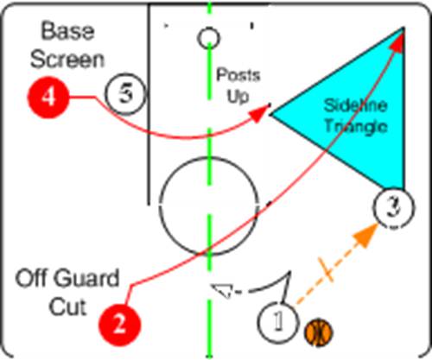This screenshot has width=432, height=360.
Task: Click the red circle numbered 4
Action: tap(48, 97)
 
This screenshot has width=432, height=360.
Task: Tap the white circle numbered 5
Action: tap(125, 94)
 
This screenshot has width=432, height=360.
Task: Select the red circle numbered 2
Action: tap(119, 325)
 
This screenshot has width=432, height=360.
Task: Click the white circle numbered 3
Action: tap(394, 207)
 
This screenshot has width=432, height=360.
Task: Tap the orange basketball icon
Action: tap(318, 332)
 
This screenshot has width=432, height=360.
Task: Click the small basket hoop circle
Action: tap(209, 38)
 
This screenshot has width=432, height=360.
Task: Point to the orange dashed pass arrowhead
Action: tap(365, 235)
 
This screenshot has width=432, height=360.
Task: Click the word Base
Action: tap(67, 31)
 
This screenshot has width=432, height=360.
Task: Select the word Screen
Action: tap(67, 60)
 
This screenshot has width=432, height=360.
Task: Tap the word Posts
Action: tap(238, 75)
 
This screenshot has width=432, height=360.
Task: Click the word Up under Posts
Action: tap(238, 96)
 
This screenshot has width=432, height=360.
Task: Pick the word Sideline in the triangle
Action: tap(355, 105)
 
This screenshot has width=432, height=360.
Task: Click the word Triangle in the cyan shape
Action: tap(356, 127)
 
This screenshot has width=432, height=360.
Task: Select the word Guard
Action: tap(86, 278)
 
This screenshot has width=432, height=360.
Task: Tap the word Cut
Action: tap(67, 306)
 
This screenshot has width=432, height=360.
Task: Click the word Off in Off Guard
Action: tap(32, 278)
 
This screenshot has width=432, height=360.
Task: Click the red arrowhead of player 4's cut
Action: tap(260, 113)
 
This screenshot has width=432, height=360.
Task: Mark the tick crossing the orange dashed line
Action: tap(326, 269)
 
